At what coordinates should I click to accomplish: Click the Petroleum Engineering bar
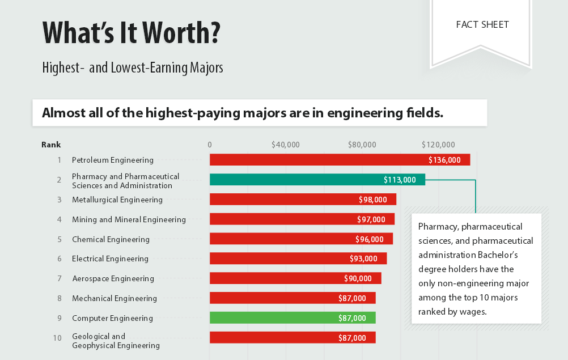coord(317,160)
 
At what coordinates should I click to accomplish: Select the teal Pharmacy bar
coord(295,180)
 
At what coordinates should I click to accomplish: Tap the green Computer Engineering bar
coord(272,318)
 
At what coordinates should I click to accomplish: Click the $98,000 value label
coord(372,200)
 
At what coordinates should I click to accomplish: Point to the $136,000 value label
coord(444,160)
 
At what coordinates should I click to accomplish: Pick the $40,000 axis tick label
coord(285,145)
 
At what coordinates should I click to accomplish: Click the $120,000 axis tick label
coord(438,145)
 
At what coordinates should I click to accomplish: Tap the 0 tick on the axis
coord(210,145)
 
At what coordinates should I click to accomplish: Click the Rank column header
coord(51,145)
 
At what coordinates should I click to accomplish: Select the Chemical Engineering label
coord(111,239)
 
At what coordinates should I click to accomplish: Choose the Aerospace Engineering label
coord(113,278)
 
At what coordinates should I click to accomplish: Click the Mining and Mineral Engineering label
coord(129,219)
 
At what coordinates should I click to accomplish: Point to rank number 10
coord(57,338)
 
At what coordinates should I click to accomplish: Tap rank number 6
coord(59,259)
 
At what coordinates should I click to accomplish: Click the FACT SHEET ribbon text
coord(482,25)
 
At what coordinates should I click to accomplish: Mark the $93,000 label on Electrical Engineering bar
coord(363,259)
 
